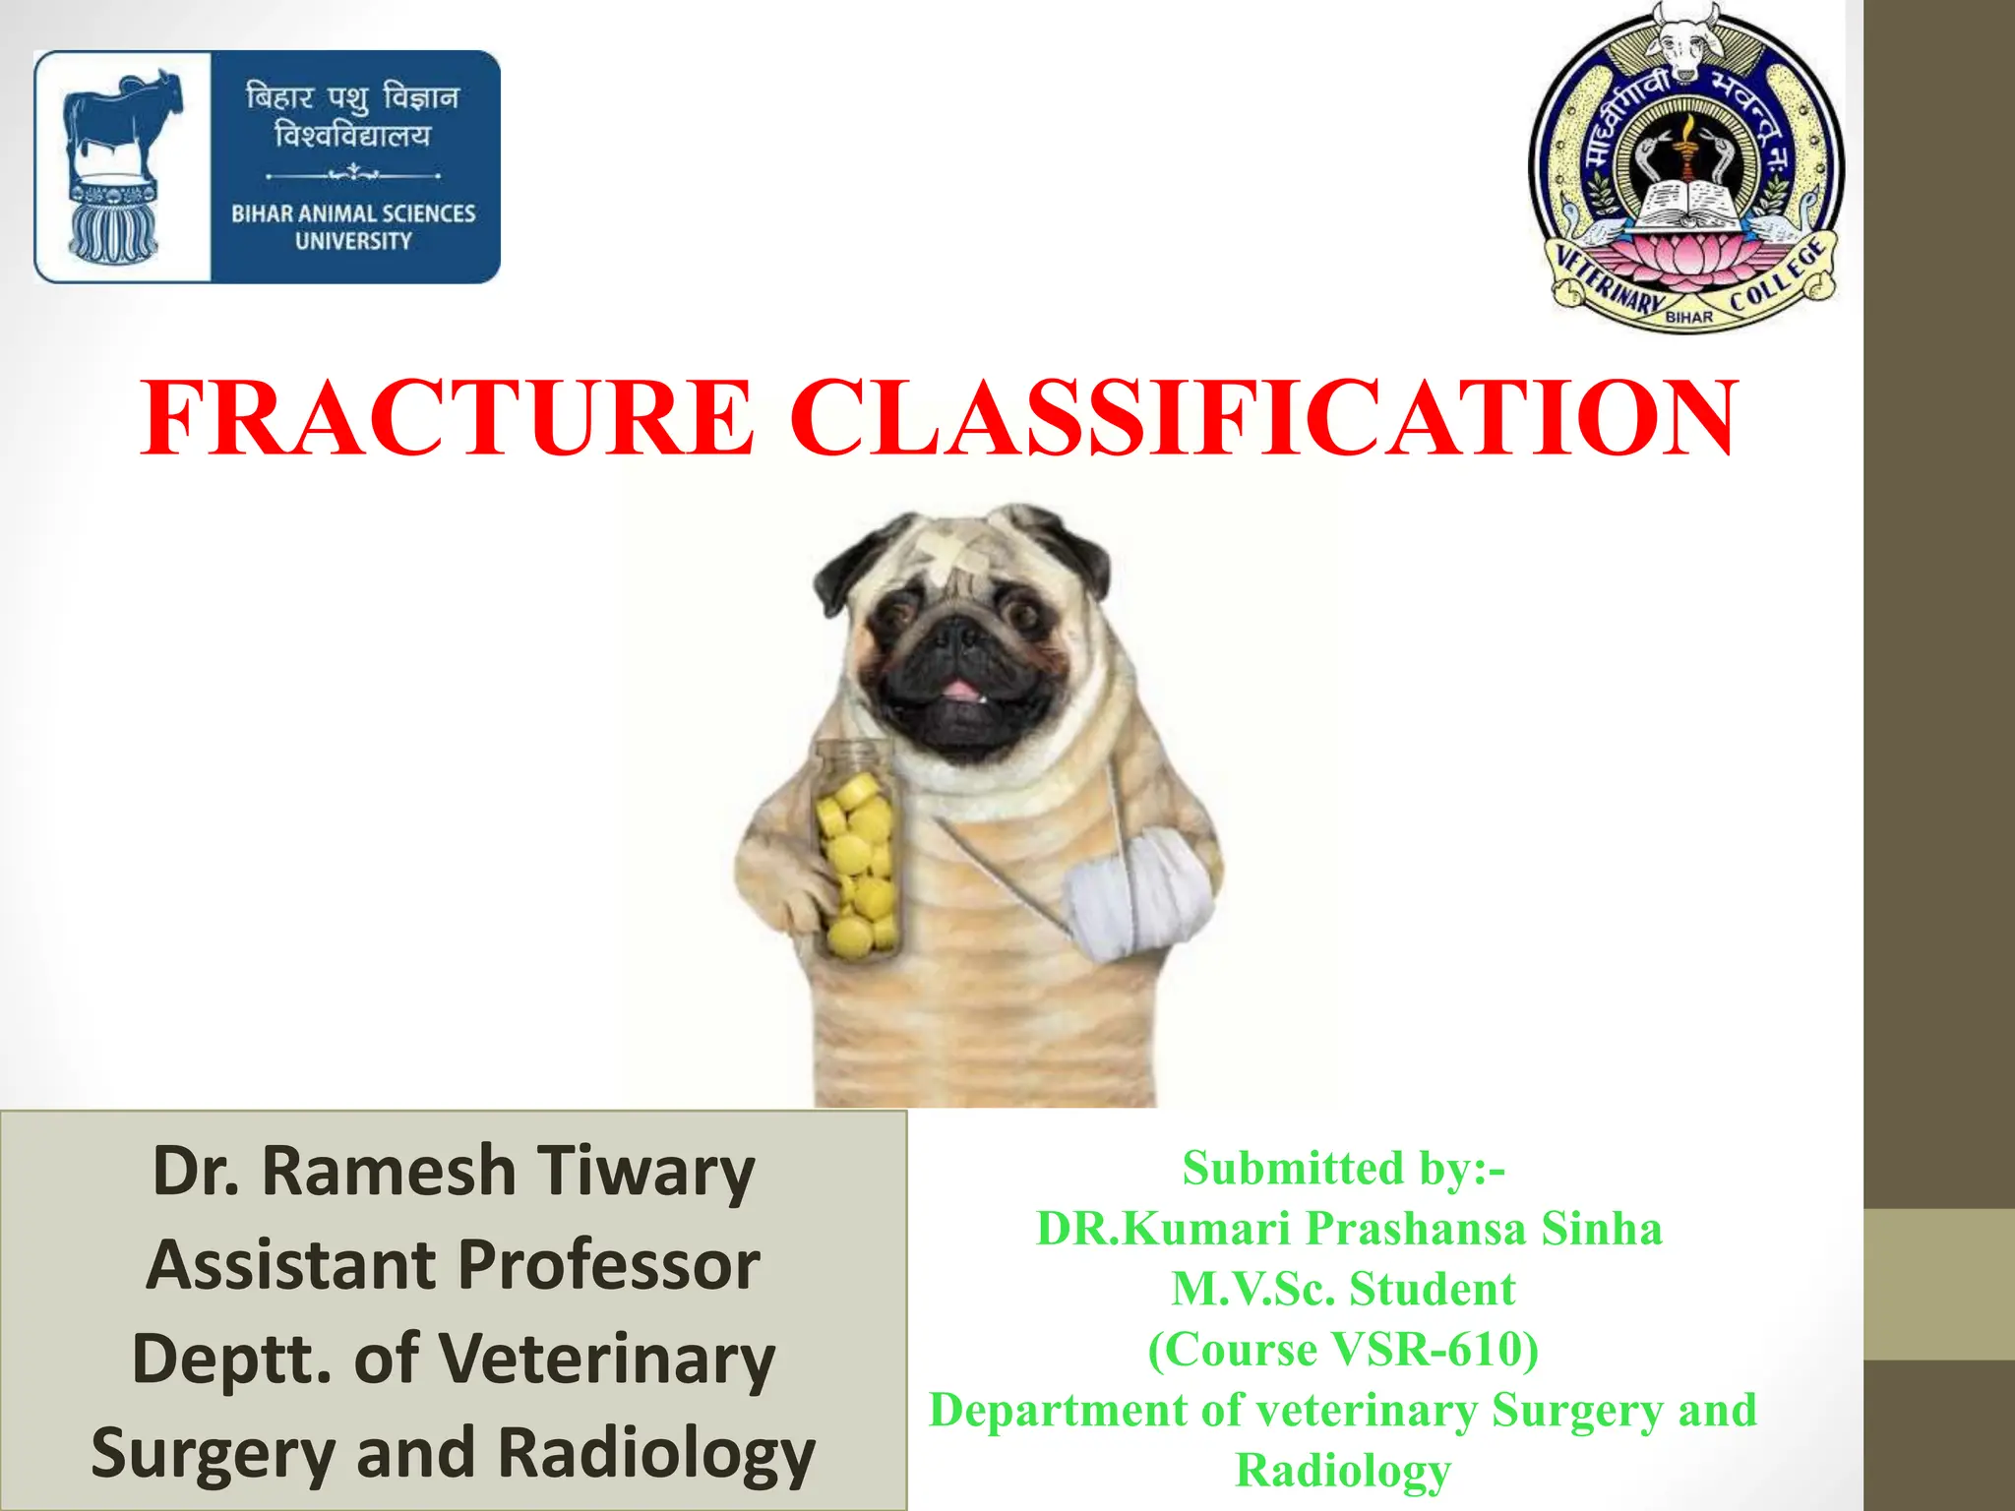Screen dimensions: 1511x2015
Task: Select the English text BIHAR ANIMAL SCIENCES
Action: point(353,213)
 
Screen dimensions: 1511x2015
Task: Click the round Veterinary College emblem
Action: point(1686,167)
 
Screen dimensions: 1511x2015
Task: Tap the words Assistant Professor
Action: point(453,1265)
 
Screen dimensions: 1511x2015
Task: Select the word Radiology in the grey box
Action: point(656,1454)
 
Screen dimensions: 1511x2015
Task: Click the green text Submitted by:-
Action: point(1343,1169)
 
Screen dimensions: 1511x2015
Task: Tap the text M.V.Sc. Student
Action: point(1343,1290)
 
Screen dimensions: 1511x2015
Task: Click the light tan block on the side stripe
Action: point(1938,1284)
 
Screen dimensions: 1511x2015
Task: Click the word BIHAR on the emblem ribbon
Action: point(1688,317)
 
